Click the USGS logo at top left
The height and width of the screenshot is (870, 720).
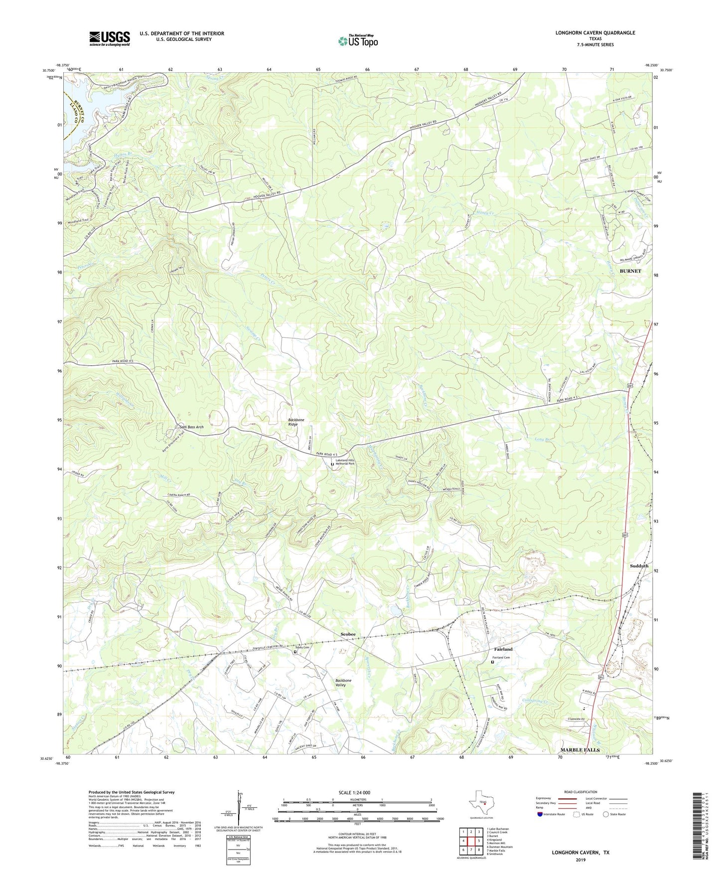110,38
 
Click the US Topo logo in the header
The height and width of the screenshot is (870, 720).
358,41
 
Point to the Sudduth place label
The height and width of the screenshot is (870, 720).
639,566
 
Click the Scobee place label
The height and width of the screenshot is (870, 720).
348,634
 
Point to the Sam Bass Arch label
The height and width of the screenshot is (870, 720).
191,427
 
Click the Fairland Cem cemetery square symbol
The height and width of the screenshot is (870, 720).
493,663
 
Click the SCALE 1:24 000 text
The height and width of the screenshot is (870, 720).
357,793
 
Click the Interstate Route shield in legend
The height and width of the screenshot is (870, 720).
541,814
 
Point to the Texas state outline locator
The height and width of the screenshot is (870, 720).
480,803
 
